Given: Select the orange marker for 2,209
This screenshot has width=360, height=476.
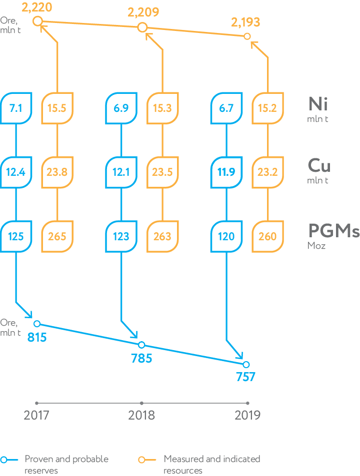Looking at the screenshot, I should [142, 27].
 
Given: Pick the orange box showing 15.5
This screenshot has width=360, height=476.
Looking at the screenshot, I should [57, 108].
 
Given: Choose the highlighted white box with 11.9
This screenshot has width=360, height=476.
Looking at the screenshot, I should [226, 172].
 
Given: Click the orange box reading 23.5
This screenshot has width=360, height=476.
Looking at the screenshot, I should [162, 172].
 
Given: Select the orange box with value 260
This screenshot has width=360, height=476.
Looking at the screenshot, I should [267, 236].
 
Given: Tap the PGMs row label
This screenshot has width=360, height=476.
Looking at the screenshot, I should [333, 232].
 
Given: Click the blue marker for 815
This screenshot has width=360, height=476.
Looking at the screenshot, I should [37, 324].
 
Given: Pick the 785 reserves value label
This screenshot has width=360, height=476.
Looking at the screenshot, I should [141, 358].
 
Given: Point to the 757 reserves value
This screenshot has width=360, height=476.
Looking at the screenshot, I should [245, 377].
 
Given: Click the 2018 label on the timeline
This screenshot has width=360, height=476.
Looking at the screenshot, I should [141, 415].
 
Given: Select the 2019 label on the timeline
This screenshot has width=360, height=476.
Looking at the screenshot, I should [247, 415].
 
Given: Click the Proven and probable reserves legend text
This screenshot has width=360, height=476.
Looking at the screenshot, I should [66, 464].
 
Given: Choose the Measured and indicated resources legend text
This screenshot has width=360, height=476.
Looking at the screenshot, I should [212, 464].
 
